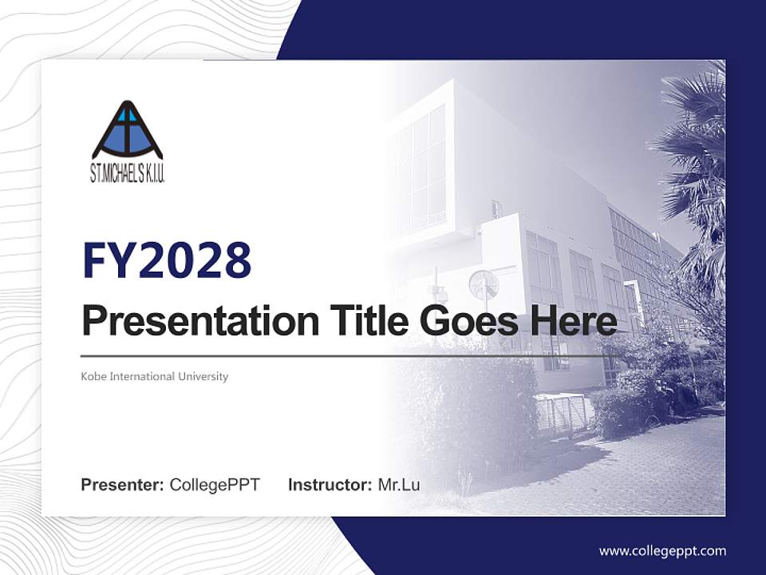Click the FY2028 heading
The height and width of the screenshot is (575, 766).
pyautogui.click(x=167, y=260)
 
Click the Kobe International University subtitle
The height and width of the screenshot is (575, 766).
pyautogui.click(x=155, y=376)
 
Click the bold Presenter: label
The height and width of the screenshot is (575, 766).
pyautogui.click(x=122, y=485)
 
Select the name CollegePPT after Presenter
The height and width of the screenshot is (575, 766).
pyautogui.click(x=215, y=485)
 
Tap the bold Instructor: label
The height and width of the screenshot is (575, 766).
pyautogui.click(x=330, y=485)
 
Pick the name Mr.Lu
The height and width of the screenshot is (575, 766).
pyautogui.click(x=399, y=485)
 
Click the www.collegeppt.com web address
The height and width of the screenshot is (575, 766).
pyautogui.click(x=662, y=550)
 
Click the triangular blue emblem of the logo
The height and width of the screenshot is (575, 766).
pyautogui.click(x=128, y=132)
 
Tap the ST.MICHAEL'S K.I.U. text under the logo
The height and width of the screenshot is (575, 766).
pyautogui.click(x=128, y=173)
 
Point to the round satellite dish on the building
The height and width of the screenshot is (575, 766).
pyautogui.click(x=483, y=284)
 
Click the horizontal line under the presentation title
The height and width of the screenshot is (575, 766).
pyautogui.click(x=343, y=355)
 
